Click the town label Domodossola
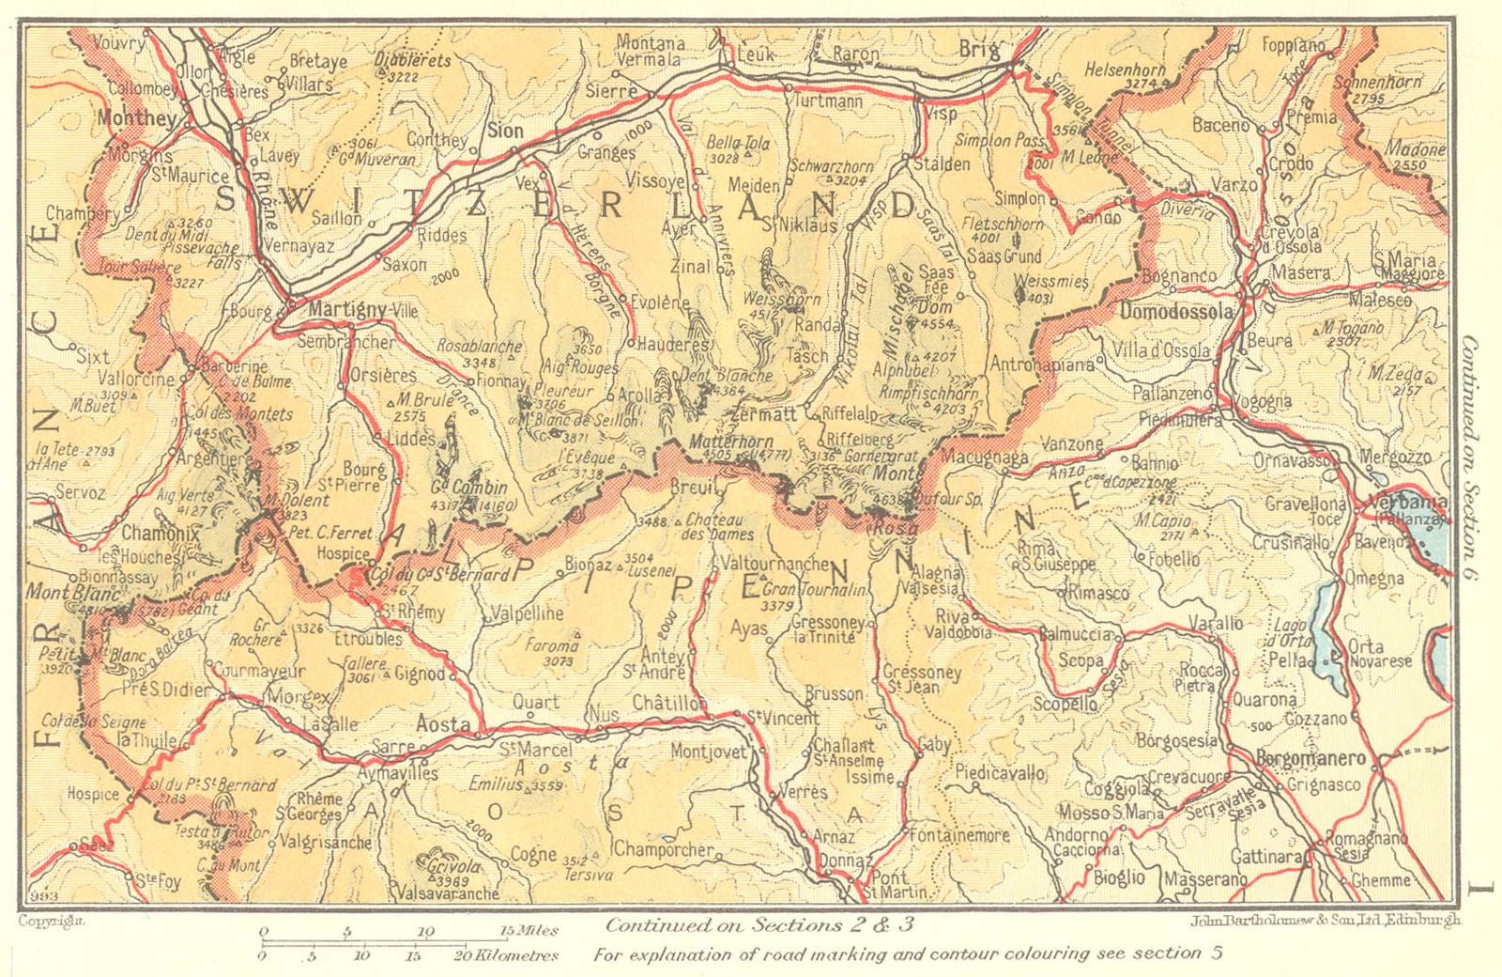click(1176, 312)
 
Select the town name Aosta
click(443, 724)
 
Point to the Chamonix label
click(161, 533)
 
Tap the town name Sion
click(505, 131)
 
